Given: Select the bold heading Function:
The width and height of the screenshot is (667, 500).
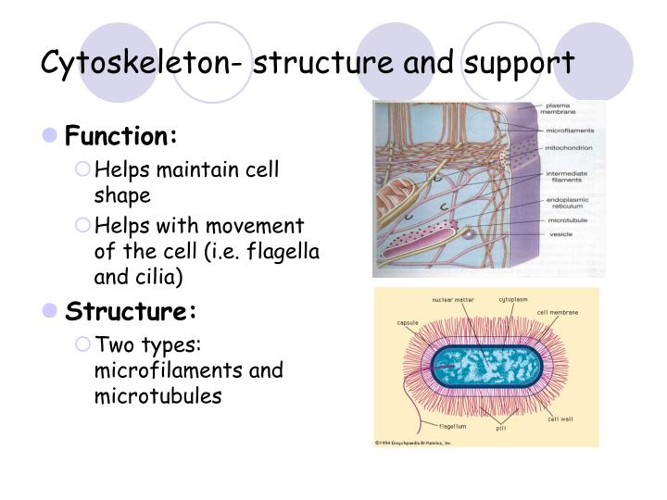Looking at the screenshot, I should click(120, 137).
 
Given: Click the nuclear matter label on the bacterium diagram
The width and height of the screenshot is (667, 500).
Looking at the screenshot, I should click(453, 300).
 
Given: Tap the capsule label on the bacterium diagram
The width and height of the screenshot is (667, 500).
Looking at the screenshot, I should click(408, 322).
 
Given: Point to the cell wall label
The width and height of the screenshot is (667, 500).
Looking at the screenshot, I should click(560, 419).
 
